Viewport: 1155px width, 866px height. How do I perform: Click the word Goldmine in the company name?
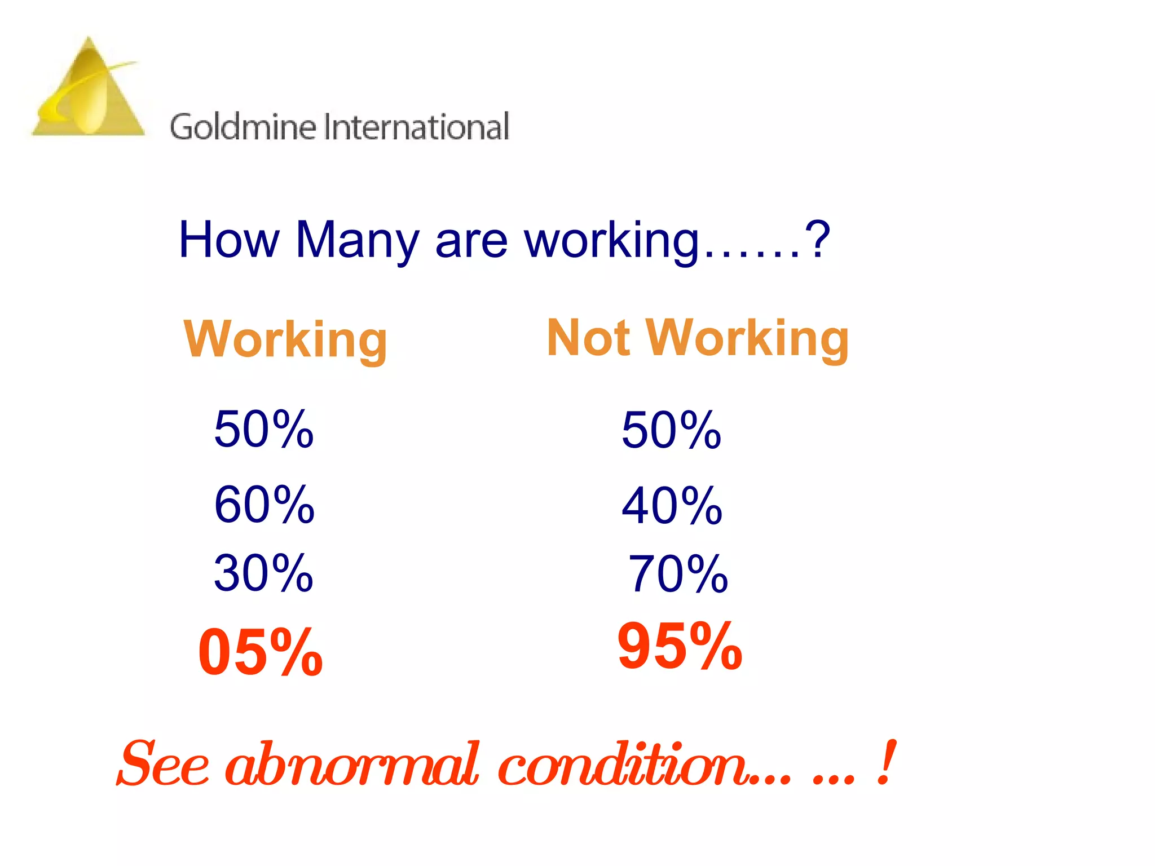[243, 127]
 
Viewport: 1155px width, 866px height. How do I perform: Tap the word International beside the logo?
[417, 127]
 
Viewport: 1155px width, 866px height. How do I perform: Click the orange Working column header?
[285, 339]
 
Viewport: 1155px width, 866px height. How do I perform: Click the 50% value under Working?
[263, 430]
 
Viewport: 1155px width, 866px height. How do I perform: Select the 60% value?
[264, 505]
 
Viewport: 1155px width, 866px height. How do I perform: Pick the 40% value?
[672, 506]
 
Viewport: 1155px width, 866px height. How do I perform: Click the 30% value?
[263, 573]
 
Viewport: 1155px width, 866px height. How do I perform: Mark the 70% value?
[678, 575]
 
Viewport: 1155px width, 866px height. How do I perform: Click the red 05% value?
[260, 652]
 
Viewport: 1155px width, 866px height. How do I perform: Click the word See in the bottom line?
[164, 765]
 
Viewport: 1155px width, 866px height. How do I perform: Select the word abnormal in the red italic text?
[352, 765]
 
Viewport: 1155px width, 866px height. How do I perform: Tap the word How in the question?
[228, 240]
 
